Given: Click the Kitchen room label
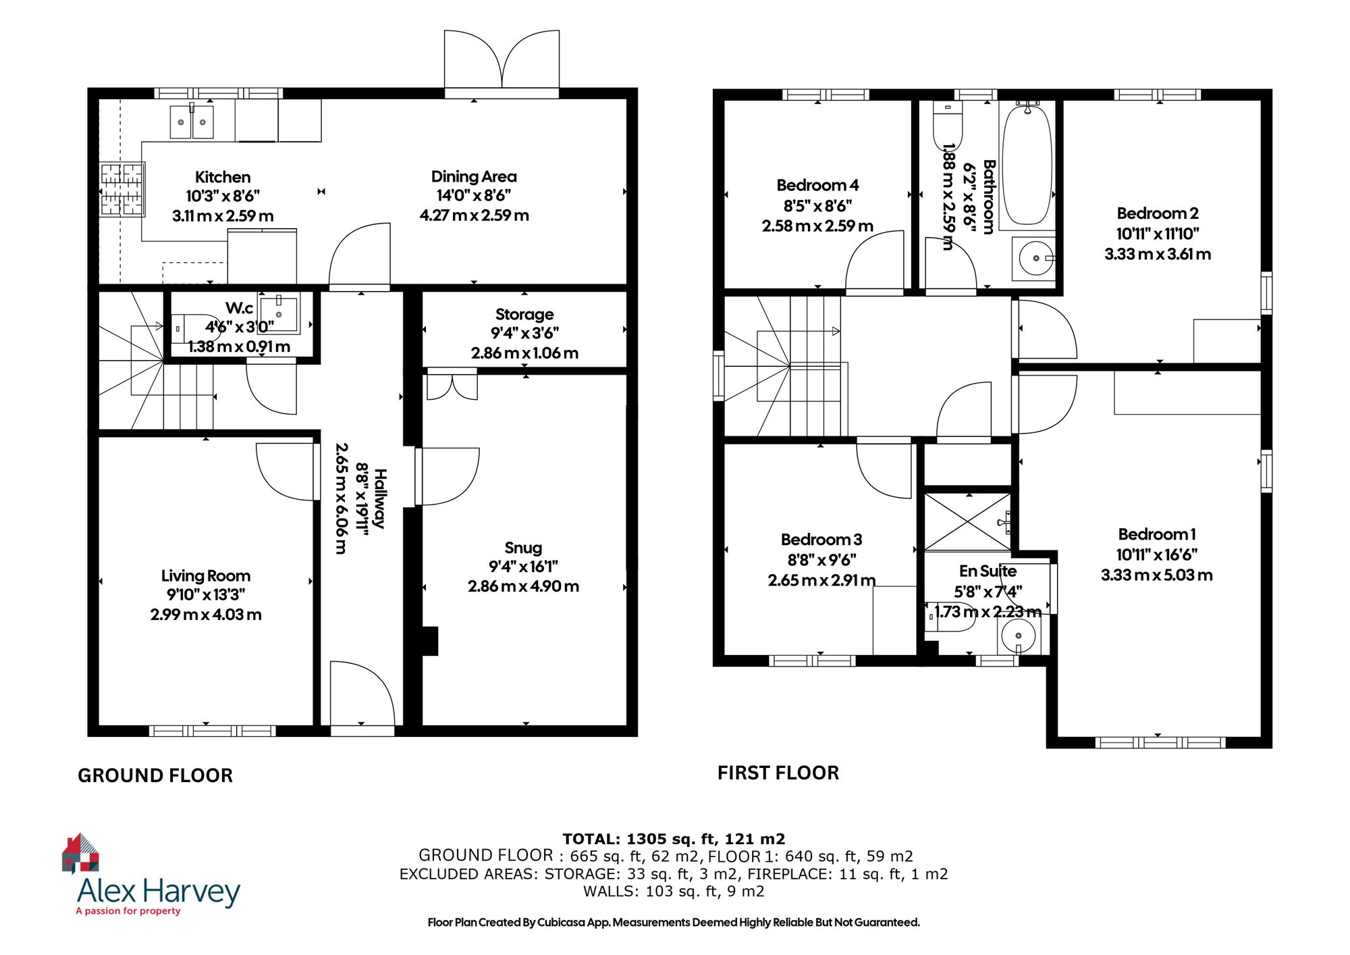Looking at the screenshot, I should point(223,177).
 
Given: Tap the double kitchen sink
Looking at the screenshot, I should point(192,122).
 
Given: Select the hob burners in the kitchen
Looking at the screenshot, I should point(122,190).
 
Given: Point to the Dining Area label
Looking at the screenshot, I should point(474,176).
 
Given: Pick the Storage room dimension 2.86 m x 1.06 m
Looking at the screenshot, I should point(524,353).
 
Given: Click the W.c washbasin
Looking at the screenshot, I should point(279,314).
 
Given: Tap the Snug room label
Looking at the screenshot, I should point(523,548).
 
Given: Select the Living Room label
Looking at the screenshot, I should point(206,576).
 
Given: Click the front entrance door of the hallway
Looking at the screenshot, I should point(362,696).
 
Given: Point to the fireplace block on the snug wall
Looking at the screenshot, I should point(429,641).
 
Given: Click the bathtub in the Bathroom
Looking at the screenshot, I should point(1027,165).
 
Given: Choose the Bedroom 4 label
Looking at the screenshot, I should point(817,185).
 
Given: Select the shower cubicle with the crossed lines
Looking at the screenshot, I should point(967,522).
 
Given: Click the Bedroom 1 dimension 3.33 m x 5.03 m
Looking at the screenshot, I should point(1156,575).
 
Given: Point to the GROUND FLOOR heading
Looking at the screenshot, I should point(155,775).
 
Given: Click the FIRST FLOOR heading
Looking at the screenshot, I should point(778,773).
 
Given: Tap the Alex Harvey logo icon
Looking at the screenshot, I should point(81,853).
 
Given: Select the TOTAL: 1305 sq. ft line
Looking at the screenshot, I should point(674,839).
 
